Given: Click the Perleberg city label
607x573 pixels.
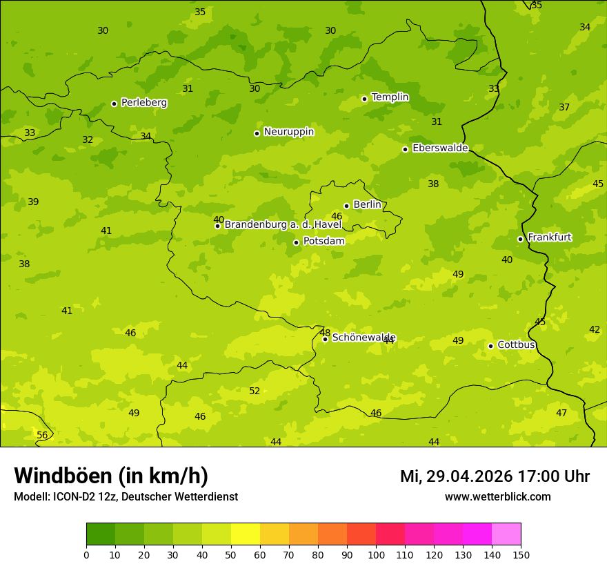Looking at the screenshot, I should point(143,103).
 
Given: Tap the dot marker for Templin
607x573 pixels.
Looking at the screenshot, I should point(364,99).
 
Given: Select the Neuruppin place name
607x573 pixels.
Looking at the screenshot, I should point(288,132).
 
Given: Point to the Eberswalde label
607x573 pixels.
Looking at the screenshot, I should point(440,148).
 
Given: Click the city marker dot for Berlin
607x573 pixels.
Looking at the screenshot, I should point(346,206).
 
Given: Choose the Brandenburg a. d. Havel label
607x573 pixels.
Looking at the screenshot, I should point(283,225).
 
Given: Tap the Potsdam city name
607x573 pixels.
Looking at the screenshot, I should point(324,242).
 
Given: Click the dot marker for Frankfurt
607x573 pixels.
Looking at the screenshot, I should point(520,239).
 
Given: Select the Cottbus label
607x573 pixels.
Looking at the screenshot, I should point(516,345).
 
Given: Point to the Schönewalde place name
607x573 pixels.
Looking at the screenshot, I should point(364,338).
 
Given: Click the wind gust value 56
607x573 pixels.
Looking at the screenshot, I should point(42,436).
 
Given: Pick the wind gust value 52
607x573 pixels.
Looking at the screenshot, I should point(255,391).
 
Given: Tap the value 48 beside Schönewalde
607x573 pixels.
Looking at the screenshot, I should point(324,333).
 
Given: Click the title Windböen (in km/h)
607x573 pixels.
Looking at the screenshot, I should point(111,476).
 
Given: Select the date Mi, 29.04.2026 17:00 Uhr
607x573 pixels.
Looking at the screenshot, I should point(495,476).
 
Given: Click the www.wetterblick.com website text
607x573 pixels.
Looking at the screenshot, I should point(497,497).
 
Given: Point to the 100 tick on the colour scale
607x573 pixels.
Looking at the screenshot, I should point(376,554).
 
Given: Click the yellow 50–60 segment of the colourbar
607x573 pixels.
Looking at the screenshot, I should point(246,534).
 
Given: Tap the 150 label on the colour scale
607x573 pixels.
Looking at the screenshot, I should point(521,554).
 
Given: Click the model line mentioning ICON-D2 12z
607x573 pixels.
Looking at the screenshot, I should point(126,497).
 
